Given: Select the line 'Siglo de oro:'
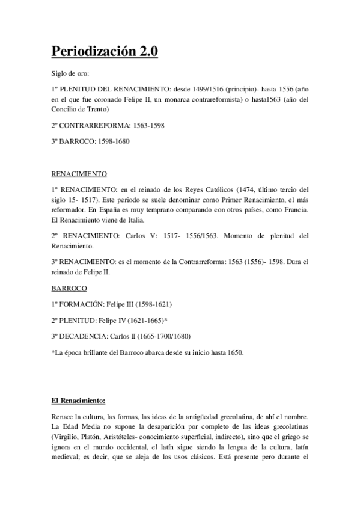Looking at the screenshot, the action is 71,74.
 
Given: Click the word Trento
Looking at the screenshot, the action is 96,109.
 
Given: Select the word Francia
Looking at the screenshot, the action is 293,210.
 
